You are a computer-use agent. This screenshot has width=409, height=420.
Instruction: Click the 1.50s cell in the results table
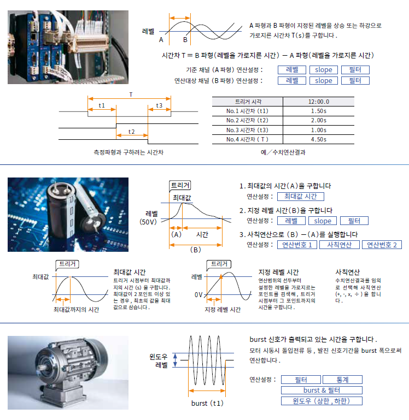pyautogui.click(x=319, y=111)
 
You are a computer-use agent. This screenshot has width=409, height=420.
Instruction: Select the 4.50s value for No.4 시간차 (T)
pyautogui.click(x=319, y=139)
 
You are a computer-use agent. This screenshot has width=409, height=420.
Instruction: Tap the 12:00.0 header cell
pyautogui.click(x=319, y=102)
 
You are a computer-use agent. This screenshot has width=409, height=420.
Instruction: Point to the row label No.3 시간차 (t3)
pyautogui.click(x=247, y=130)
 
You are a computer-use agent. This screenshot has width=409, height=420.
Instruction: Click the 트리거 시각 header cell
pyautogui.click(x=247, y=102)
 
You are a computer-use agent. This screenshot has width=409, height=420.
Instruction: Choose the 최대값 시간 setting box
pyautogui.click(x=300, y=197)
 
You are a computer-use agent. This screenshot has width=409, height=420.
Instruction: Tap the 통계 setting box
pyautogui.click(x=343, y=380)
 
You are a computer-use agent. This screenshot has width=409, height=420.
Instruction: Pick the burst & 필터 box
pyautogui.click(x=322, y=390)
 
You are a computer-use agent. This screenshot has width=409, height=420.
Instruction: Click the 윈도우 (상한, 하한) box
pyautogui.click(x=322, y=401)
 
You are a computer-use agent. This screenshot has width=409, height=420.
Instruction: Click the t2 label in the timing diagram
pyautogui.click(x=132, y=132)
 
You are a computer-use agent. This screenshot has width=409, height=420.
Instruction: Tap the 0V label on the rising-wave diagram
pyautogui.click(x=198, y=295)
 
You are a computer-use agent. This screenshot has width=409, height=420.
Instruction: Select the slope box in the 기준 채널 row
pyautogui.click(x=323, y=70)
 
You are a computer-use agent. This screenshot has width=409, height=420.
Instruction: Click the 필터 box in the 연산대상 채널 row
pyautogui.click(x=355, y=81)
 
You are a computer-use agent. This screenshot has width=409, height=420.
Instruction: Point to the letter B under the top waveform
pyautogui.click(x=185, y=40)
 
